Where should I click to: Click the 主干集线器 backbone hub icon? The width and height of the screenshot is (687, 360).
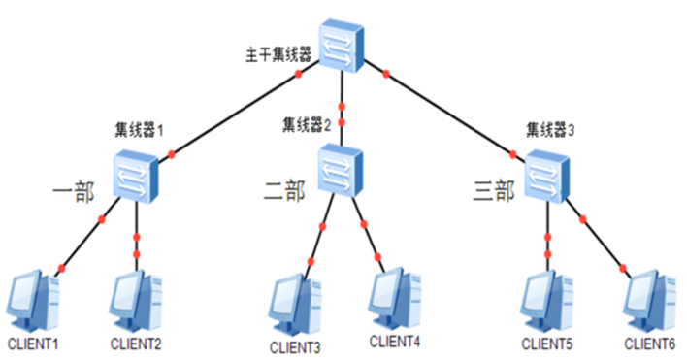coord(341,48)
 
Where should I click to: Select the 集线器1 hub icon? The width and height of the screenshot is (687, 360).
coord(134,177)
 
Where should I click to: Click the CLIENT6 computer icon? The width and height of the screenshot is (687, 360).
coord(648,302)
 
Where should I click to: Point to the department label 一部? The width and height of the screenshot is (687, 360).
coord(74,191)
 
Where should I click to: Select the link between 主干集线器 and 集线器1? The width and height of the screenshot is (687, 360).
coord(238,112)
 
